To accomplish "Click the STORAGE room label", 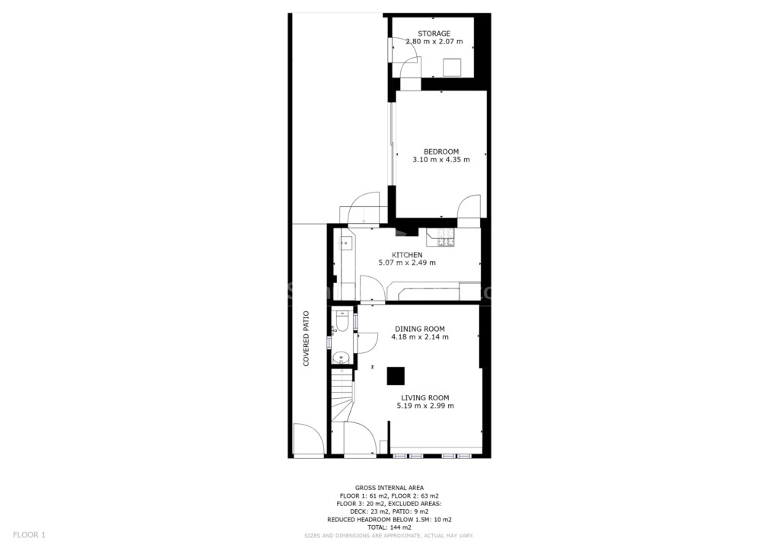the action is (434, 33).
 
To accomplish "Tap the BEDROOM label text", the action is (441, 151).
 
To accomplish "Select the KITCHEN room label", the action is (407, 255).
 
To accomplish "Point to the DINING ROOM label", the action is (420, 329).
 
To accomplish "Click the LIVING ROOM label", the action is (425, 397).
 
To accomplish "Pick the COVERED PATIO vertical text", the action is (306, 339).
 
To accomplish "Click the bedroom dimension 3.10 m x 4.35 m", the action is (441, 160).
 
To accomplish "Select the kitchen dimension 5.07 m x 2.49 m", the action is (407, 263).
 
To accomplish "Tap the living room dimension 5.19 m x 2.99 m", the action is (425, 406).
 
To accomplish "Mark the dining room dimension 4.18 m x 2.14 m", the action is (420, 337).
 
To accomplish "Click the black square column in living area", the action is (396, 376).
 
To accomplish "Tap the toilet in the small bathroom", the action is (342, 321).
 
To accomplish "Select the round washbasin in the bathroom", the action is (341, 357).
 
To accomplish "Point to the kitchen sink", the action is (346, 244).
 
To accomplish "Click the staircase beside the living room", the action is (342, 395).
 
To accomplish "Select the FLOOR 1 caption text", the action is (29, 535).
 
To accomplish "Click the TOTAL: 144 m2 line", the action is (389, 527).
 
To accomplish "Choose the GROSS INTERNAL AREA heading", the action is (389, 488).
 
